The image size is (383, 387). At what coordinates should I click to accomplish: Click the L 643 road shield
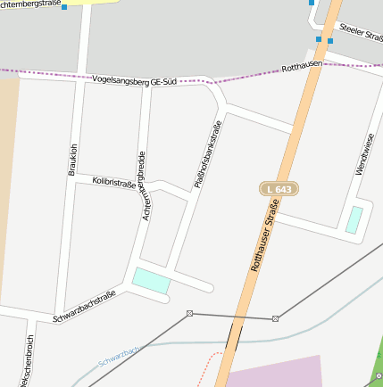(279, 189)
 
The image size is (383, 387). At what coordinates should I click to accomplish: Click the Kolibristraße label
(113, 182)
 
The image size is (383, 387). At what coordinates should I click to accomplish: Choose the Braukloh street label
(73, 159)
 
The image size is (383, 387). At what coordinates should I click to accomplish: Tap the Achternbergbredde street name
(141, 185)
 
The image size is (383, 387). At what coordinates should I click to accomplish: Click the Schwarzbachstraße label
(86, 306)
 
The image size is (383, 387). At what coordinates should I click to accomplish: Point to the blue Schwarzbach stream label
(119, 357)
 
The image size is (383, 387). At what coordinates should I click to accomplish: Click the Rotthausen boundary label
(301, 67)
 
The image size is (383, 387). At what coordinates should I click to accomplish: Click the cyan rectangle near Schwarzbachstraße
(151, 280)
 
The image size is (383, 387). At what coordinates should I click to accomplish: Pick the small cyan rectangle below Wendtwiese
(354, 220)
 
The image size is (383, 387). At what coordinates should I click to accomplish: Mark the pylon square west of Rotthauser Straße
(189, 313)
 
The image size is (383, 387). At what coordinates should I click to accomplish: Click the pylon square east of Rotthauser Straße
(276, 318)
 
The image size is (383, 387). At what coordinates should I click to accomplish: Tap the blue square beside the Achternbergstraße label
(64, 8)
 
